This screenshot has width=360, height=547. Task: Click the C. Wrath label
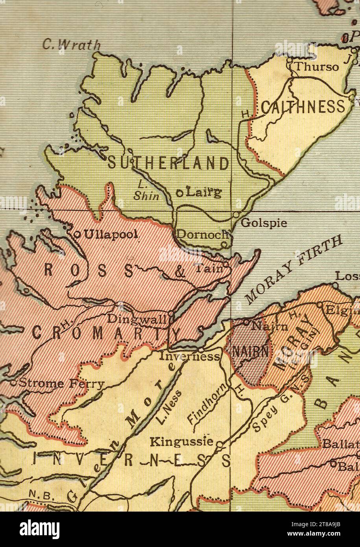tap(71, 45)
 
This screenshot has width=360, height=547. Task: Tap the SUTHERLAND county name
tap(168, 163)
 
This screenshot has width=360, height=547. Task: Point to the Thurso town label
tap(316, 67)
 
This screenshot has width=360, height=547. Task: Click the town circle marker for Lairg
tap(179, 193)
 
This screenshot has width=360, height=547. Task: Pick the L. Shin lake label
tap(144, 190)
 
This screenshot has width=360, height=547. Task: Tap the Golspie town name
tap(264, 223)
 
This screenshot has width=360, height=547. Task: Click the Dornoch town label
tap(202, 234)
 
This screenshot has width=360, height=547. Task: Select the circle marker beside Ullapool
tap(78, 235)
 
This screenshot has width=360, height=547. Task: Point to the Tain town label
tap(208, 269)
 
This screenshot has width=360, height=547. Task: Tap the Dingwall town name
tap(137, 319)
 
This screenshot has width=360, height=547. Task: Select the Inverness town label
tap(189, 357)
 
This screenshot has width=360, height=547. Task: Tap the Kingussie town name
tap(181, 442)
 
